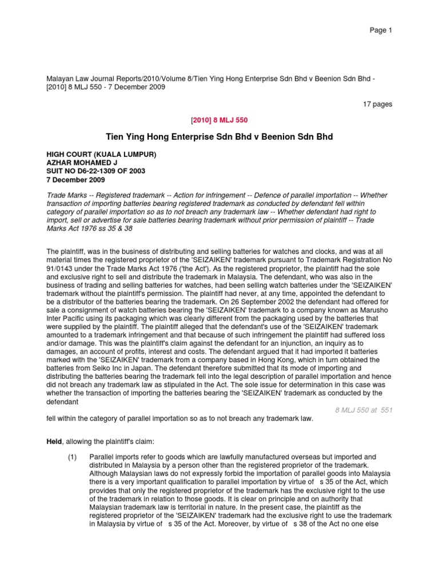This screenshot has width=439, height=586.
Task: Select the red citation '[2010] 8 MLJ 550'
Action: [x=219, y=120]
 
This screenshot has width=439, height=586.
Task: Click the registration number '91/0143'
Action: [x=59, y=268]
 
